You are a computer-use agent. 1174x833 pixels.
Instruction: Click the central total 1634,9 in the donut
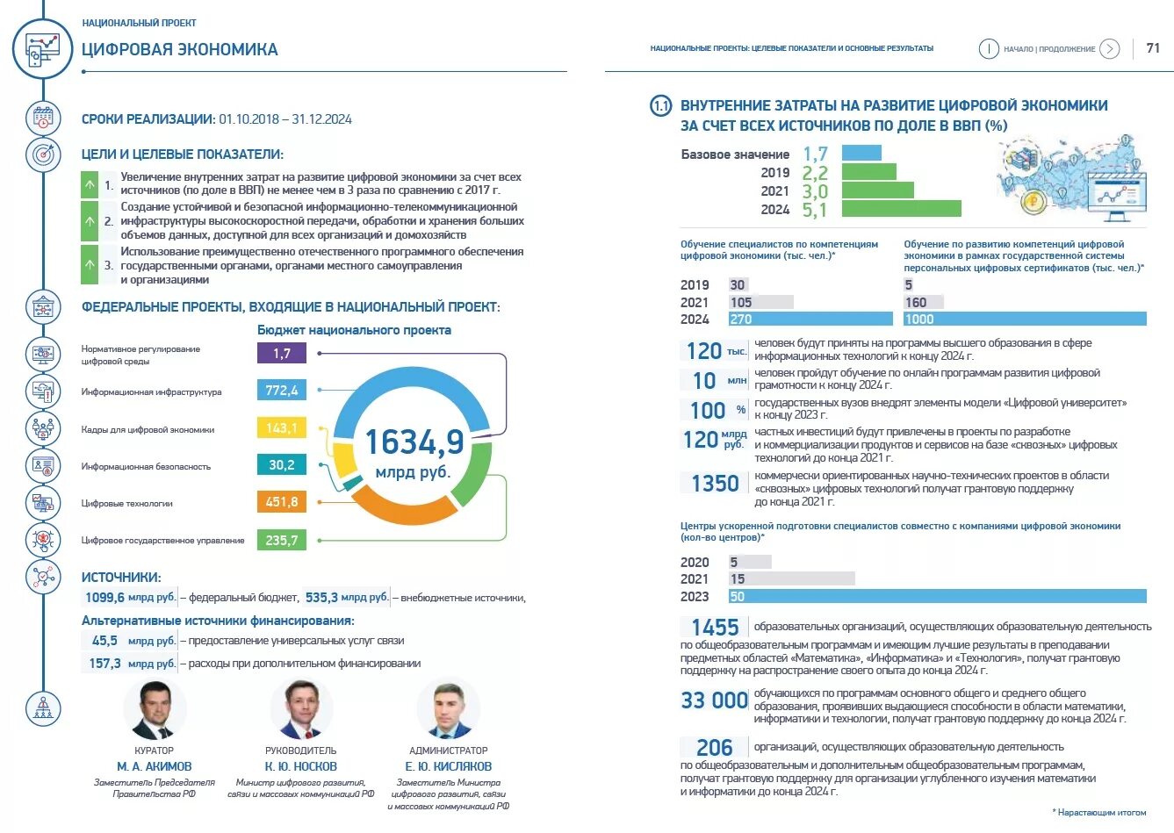pyautogui.click(x=414, y=442)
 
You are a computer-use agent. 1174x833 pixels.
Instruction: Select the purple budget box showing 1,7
pyautogui.click(x=281, y=353)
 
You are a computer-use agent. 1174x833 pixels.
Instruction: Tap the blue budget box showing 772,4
pyautogui.click(x=281, y=390)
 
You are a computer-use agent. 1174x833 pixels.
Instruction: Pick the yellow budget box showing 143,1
pyautogui.click(x=281, y=427)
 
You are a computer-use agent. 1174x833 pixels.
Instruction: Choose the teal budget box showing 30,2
pyautogui.click(x=281, y=464)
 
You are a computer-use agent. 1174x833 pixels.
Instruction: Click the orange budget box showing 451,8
pyautogui.click(x=281, y=502)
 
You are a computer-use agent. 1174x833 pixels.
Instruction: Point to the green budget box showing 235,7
pyautogui.click(x=281, y=540)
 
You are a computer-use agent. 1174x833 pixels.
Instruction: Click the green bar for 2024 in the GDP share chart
pyautogui.click(x=901, y=209)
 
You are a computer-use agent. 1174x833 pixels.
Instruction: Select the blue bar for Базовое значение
pyautogui.click(x=861, y=153)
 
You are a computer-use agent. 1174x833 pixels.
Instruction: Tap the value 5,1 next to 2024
pyautogui.click(x=814, y=210)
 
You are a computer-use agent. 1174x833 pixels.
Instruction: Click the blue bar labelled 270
pyautogui.click(x=810, y=320)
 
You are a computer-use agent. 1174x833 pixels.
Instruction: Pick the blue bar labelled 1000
pyautogui.click(x=1024, y=320)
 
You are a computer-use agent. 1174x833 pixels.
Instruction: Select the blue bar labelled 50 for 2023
pyautogui.click(x=936, y=597)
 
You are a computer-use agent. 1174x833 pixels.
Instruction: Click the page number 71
pyautogui.click(x=1153, y=48)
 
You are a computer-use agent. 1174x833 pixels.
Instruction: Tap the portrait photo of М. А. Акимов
pyautogui.click(x=155, y=709)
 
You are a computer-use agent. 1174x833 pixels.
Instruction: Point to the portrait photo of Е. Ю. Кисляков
pyautogui.click(x=448, y=709)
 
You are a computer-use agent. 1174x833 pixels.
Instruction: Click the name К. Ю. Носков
pyautogui.click(x=301, y=766)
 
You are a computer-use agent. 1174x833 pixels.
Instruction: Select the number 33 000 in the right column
pyautogui.click(x=715, y=700)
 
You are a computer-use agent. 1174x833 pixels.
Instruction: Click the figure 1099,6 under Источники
pyautogui.click(x=105, y=598)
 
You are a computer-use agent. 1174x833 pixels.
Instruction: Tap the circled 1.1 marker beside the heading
pyautogui.click(x=660, y=106)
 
